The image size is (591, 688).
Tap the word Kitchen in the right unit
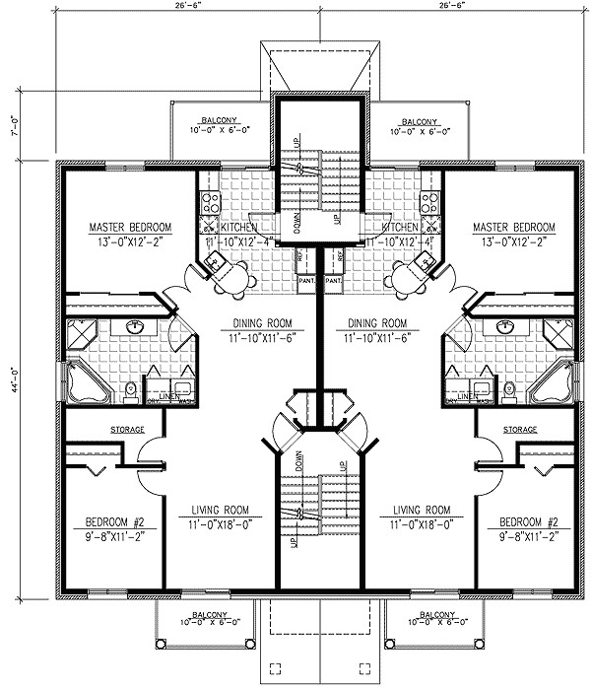point(387,228)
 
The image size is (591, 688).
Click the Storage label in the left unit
point(127,430)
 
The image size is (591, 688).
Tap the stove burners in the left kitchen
point(210,203)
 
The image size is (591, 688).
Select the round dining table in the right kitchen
point(402,279)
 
